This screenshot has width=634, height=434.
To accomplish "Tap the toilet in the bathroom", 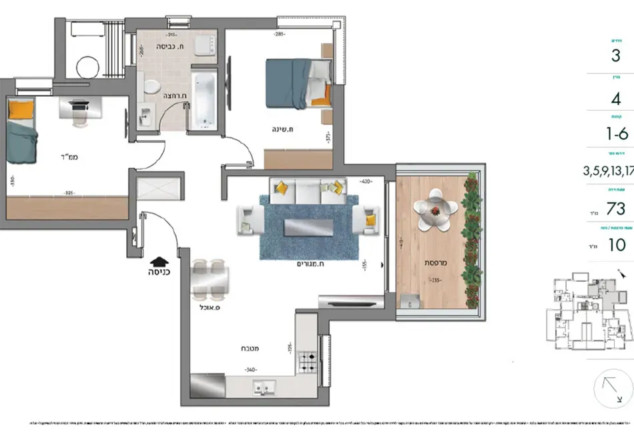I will click(x=151, y=87).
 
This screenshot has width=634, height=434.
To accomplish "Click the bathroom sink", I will click(x=146, y=119).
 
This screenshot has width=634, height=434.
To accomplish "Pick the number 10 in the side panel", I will click(x=617, y=245).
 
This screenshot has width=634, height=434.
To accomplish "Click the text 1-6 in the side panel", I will click(x=616, y=134).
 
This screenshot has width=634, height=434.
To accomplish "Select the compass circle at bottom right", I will click(x=613, y=389).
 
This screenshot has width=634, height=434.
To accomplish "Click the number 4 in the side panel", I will click(x=615, y=99).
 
